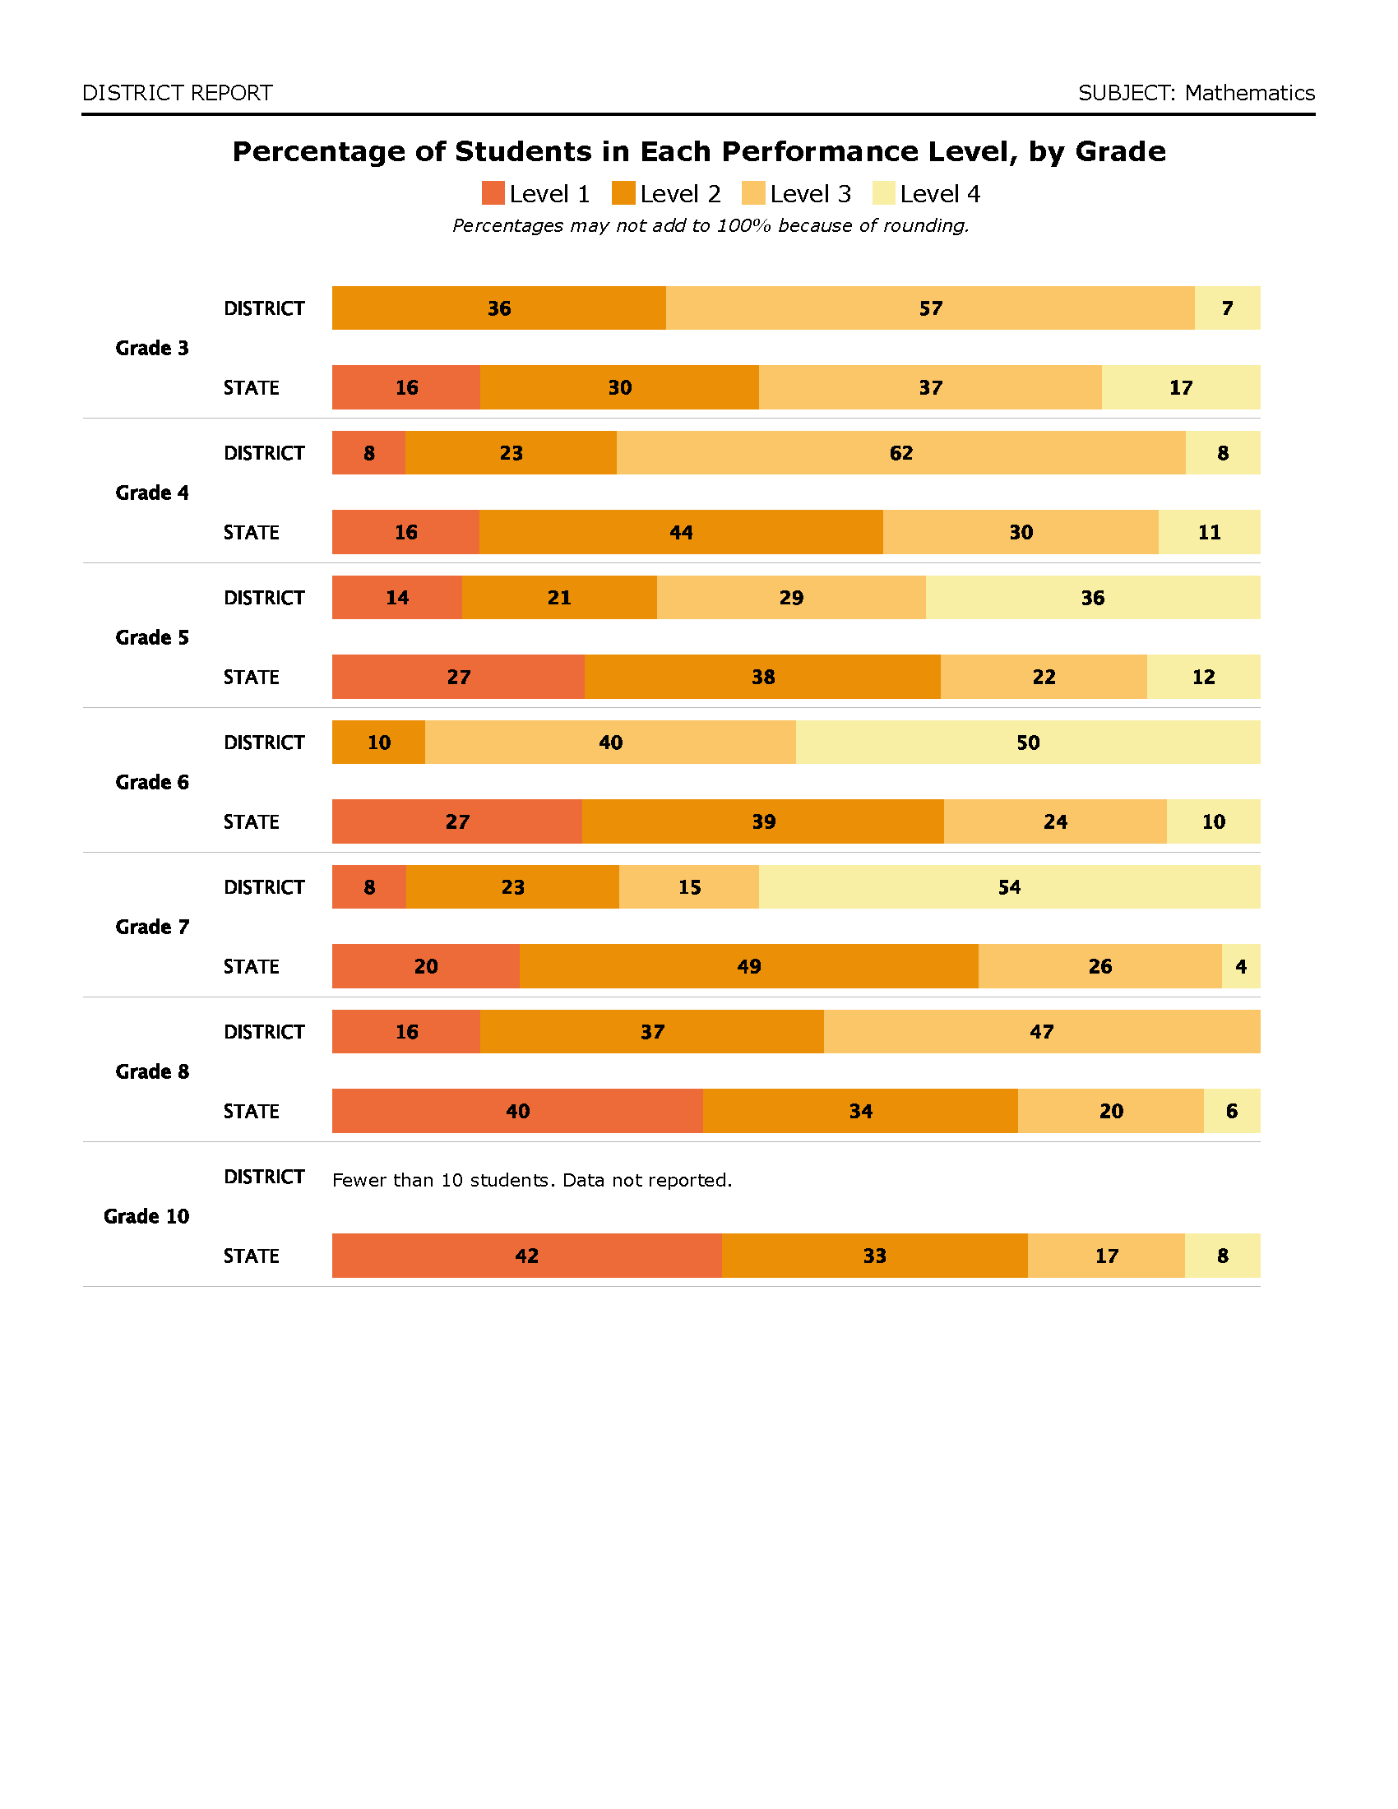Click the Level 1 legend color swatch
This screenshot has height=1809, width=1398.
493,193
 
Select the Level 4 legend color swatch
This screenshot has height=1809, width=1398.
884,193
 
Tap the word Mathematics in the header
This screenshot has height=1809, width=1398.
1249,93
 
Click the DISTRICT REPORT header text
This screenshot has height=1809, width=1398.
178,93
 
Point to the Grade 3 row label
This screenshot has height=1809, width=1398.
151,348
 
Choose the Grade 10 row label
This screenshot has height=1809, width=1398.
146,1216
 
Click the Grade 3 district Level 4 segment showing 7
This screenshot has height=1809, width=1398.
1228,308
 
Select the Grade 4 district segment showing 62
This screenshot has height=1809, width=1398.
901,453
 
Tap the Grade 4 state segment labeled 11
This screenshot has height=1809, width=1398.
1209,532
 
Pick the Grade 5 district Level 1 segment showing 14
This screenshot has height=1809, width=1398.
396,597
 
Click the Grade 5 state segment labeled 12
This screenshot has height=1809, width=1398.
1203,677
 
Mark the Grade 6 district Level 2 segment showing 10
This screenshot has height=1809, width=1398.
378,743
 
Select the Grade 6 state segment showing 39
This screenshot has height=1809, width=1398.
763,821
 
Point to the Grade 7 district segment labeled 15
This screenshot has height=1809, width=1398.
689,887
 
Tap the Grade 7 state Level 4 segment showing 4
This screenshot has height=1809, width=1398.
1241,966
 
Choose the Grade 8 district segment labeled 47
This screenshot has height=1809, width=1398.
1042,1031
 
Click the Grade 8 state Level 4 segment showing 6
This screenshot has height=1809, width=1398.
1232,1111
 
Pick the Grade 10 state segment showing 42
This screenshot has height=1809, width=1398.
527,1256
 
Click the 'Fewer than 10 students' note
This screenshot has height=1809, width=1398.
532,1179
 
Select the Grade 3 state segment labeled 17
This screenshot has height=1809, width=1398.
1181,387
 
